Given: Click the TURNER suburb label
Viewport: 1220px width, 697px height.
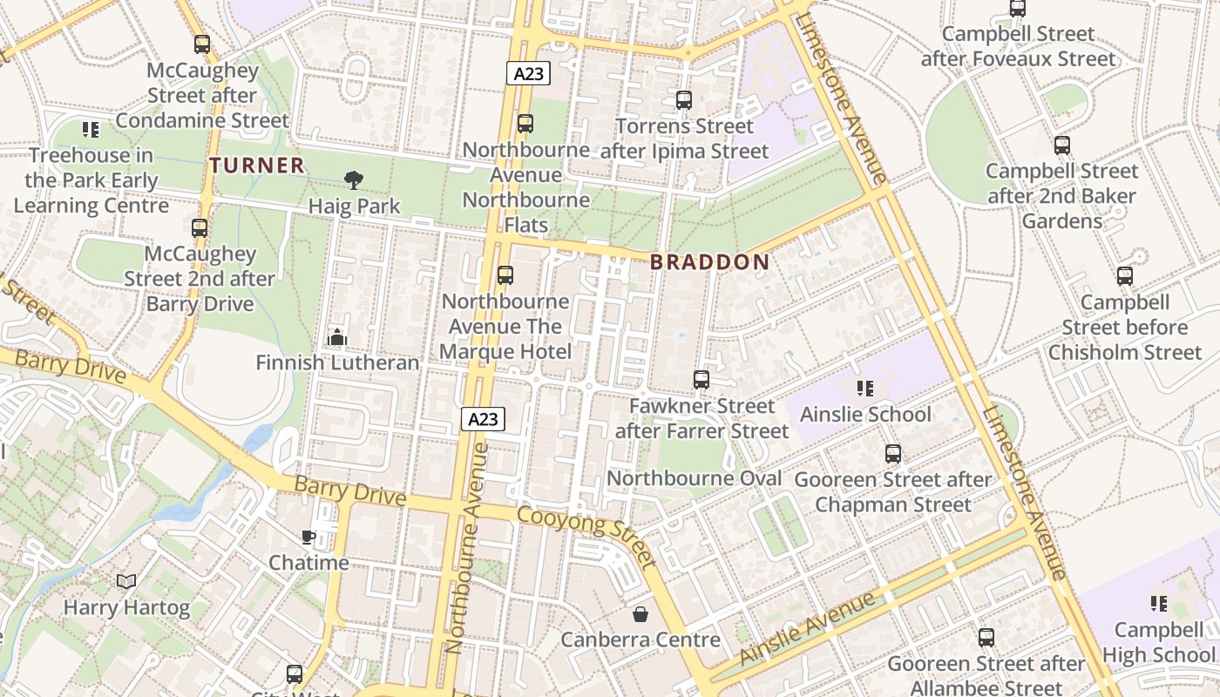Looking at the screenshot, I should (257, 165).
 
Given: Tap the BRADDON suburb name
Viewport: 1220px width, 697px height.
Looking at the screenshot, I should (710, 262).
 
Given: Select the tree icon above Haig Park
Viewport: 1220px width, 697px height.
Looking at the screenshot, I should (354, 180).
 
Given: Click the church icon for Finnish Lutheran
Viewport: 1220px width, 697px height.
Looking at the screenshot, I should (336, 336).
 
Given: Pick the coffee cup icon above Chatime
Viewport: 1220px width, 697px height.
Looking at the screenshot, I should (308, 537).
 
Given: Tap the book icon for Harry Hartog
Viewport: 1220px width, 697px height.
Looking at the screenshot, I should (126, 581).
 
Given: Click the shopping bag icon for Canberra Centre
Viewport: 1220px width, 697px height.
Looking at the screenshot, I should (640, 614).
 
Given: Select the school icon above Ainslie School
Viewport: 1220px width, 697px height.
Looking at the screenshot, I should (864, 388).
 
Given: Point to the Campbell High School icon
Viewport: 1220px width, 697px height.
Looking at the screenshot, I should (1159, 603).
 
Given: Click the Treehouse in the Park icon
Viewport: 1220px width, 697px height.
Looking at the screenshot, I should (91, 130).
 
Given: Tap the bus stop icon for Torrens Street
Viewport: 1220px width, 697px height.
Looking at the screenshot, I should (684, 100).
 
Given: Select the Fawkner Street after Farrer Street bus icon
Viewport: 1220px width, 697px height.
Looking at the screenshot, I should (701, 380).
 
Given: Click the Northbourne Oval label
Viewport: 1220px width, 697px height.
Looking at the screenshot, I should (694, 478).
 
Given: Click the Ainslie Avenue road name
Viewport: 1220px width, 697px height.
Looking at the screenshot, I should (807, 628).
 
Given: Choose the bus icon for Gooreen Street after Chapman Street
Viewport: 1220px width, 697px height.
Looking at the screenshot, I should (893, 454).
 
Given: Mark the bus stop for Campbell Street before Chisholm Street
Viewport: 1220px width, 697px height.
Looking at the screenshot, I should (1125, 276).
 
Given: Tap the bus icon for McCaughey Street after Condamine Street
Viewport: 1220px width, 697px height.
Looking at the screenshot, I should (202, 44).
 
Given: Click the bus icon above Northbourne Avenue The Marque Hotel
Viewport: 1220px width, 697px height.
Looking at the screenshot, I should (505, 275).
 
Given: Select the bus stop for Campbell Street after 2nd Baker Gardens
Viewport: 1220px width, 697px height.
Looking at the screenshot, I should (1061, 145).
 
